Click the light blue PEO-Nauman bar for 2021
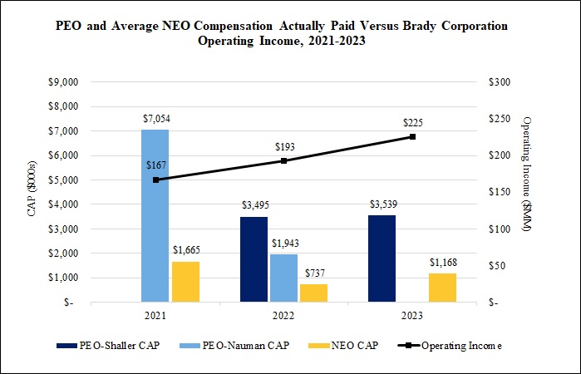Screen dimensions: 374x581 (x=155, y=216)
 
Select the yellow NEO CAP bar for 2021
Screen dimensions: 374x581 (x=185, y=282)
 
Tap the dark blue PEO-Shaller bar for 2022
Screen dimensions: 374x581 (x=254, y=259)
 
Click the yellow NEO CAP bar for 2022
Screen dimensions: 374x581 (x=313, y=293)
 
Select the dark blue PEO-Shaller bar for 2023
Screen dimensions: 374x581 (x=382, y=258)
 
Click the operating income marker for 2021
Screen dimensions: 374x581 (x=155, y=180)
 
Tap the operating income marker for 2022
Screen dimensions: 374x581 (x=284, y=160)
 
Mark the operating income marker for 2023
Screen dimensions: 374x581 (x=412, y=137)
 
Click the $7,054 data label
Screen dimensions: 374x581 (x=155, y=119)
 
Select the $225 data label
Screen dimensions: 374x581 (x=413, y=123)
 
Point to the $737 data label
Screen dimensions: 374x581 (x=313, y=273)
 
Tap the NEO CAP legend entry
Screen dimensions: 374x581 (x=347, y=345)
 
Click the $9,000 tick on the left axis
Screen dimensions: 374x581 (x=62, y=82)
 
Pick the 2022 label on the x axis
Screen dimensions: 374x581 (x=283, y=317)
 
